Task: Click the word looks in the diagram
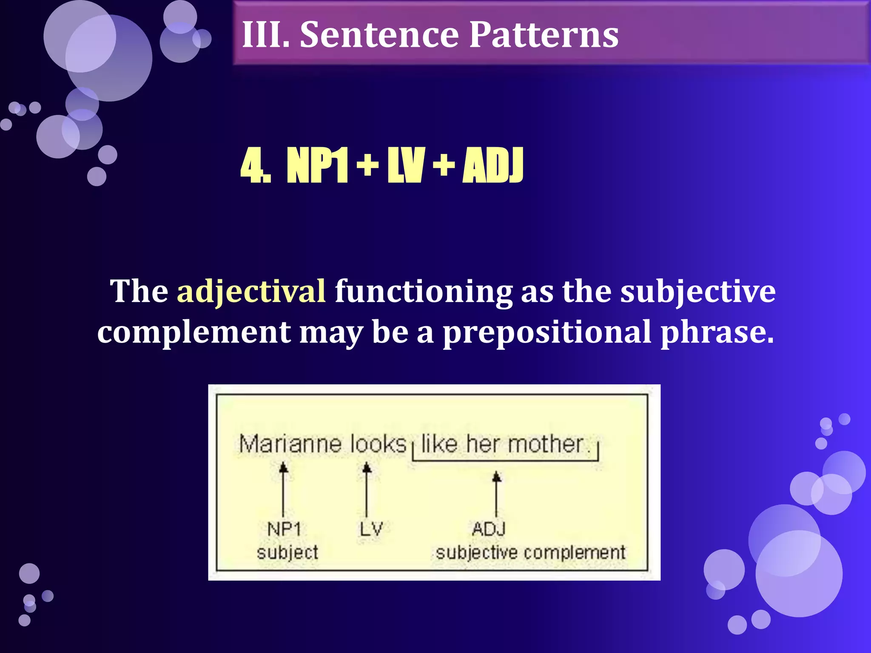(378, 444)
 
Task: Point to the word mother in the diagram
(546, 444)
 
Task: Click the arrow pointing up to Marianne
(283, 489)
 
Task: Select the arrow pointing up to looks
(367, 489)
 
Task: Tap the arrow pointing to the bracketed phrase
(496, 493)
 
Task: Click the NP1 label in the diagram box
(284, 529)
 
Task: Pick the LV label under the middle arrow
(371, 529)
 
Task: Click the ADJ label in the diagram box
(489, 529)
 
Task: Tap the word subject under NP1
(287, 553)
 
